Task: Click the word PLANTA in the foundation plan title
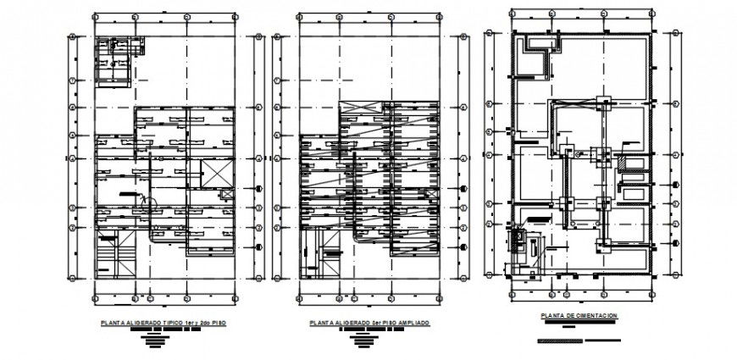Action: click(552, 316)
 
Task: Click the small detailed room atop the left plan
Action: click(114, 62)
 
